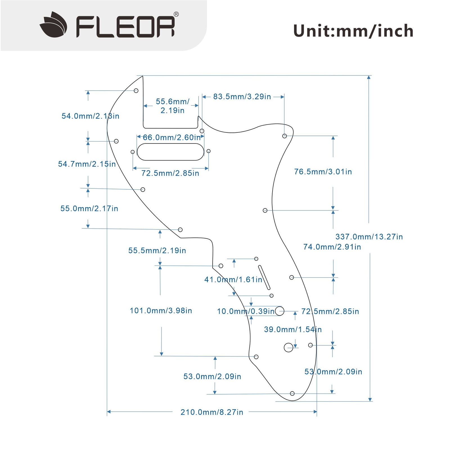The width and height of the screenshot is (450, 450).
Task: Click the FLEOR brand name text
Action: [x=125, y=27]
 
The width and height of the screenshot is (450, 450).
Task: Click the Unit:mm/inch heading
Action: [x=353, y=31]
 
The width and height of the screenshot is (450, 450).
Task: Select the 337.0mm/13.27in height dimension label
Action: [x=369, y=237]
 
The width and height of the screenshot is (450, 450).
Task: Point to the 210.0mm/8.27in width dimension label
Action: [x=212, y=412]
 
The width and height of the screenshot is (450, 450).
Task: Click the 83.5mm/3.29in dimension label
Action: [x=242, y=97]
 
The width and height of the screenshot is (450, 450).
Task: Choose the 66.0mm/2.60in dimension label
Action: [x=172, y=138]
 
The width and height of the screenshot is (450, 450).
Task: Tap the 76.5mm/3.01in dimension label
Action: [x=323, y=172]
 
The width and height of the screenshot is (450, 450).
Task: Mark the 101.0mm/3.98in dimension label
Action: [x=161, y=311]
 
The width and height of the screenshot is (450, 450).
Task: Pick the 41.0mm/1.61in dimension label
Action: [x=233, y=280]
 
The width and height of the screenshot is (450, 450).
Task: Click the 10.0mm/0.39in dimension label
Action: [x=246, y=311]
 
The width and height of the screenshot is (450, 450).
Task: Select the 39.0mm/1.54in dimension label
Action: [x=292, y=330]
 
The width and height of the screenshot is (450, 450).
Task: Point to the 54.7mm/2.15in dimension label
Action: [x=87, y=164]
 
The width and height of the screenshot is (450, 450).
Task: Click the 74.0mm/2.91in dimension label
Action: [x=332, y=247]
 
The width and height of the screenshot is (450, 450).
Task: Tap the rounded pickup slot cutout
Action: [x=170, y=152]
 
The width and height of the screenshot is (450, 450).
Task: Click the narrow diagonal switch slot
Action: [x=264, y=277]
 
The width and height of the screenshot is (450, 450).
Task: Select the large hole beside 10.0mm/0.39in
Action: [x=280, y=311]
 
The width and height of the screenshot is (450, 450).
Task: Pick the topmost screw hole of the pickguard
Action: [x=136, y=91]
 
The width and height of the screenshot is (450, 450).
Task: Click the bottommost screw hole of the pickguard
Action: [x=292, y=393]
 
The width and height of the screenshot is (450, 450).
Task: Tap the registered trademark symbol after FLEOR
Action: [x=176, y=14]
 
